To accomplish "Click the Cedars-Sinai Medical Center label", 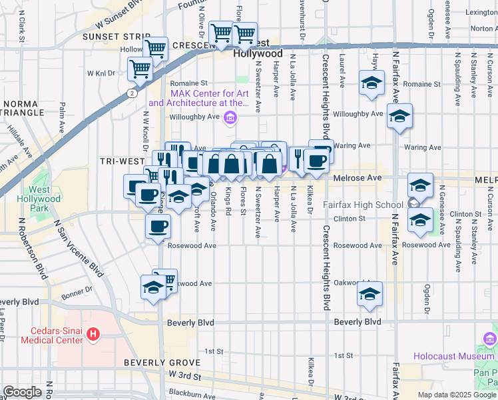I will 49,335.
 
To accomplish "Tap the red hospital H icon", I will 94,333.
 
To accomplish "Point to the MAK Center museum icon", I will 230,118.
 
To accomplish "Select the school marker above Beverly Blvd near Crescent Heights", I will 370,293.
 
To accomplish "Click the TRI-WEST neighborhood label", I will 123,161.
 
